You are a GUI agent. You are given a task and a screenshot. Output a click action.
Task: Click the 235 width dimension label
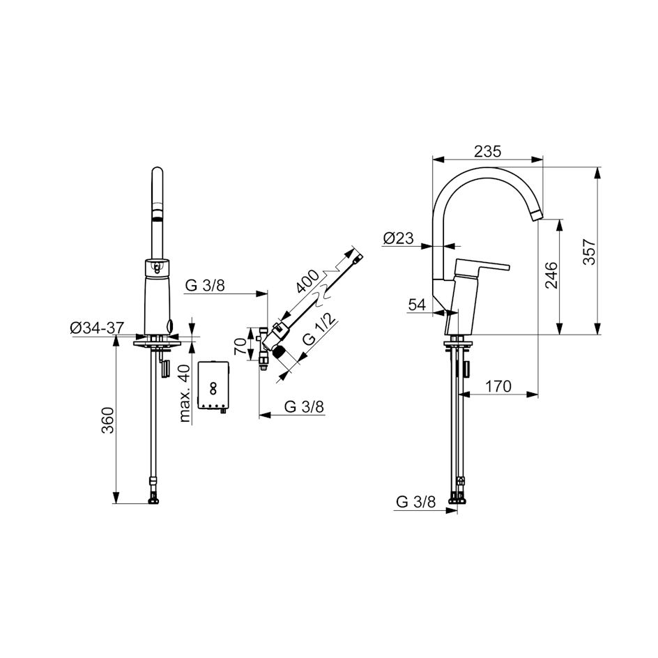(488, 151)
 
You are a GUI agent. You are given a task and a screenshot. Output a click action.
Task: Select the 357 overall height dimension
(588, 251)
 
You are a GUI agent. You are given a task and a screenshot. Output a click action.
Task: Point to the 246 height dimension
(550, 277)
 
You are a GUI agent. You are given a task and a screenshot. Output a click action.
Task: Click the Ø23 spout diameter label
(398, 238)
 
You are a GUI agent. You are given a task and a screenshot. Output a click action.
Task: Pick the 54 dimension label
(417, 305)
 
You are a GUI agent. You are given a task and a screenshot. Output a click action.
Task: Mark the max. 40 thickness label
(184, 394)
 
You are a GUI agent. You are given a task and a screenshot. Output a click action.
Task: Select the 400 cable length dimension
(307, 281)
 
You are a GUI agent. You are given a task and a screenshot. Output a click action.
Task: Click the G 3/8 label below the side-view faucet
(415, 500)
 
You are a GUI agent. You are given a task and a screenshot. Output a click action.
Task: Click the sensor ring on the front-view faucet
(157, 266)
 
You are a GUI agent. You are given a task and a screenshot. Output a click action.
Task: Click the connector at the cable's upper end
(357, 259)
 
